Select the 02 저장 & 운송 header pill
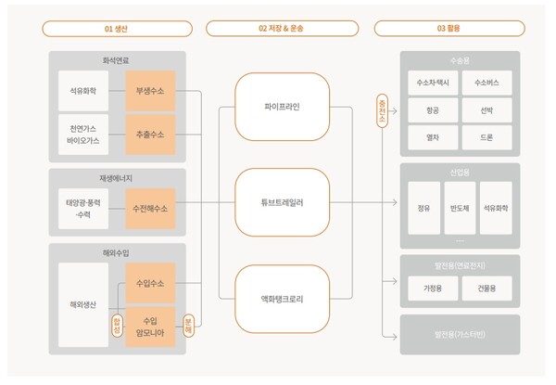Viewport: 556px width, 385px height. coord(282,27)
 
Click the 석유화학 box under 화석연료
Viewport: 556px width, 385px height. coord(89,91)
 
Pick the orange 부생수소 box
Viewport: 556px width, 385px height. coord(149,91)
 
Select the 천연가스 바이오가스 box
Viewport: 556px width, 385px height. coord(89,133)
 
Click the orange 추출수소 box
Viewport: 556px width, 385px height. coord(149,133)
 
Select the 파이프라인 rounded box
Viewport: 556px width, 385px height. coord(282,106)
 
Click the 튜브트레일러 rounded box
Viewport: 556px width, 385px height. coord(282,200)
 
